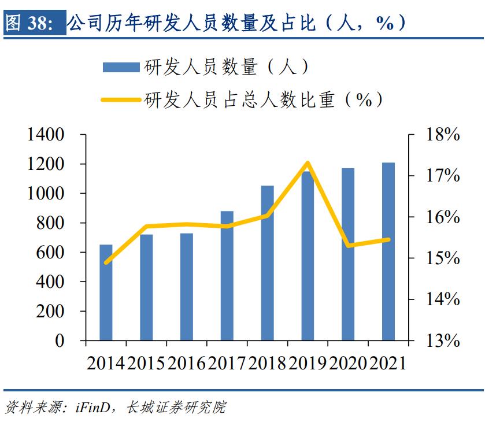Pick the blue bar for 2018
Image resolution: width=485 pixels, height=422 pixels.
pyautogui.click(x=267, y=263)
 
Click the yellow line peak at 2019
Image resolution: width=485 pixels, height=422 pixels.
pyautogui.click(x=308, y=163)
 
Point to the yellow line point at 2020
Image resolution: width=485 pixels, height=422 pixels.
pyautogui.click(x=348, y=246)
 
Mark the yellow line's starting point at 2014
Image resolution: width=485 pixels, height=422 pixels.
pyautogui.click(x=106, y=262)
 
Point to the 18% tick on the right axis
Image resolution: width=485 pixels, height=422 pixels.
pyautogui.click(x=443, y=135)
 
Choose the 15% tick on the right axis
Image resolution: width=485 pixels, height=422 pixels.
pyautogui.click(x=443, y=258)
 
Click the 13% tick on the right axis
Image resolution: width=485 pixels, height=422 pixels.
pyautogui.click(x=443, y=340)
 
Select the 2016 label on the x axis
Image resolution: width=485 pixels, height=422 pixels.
pyautogui.click(x=187, y=362)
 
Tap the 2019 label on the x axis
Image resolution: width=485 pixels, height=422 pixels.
pyautogui.click(x=308, y=362)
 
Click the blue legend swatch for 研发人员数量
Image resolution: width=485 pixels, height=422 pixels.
pyautogui.click(x=121, y=67)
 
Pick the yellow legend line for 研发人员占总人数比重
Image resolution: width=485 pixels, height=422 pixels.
pyautogui.click(x=121, y=99)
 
